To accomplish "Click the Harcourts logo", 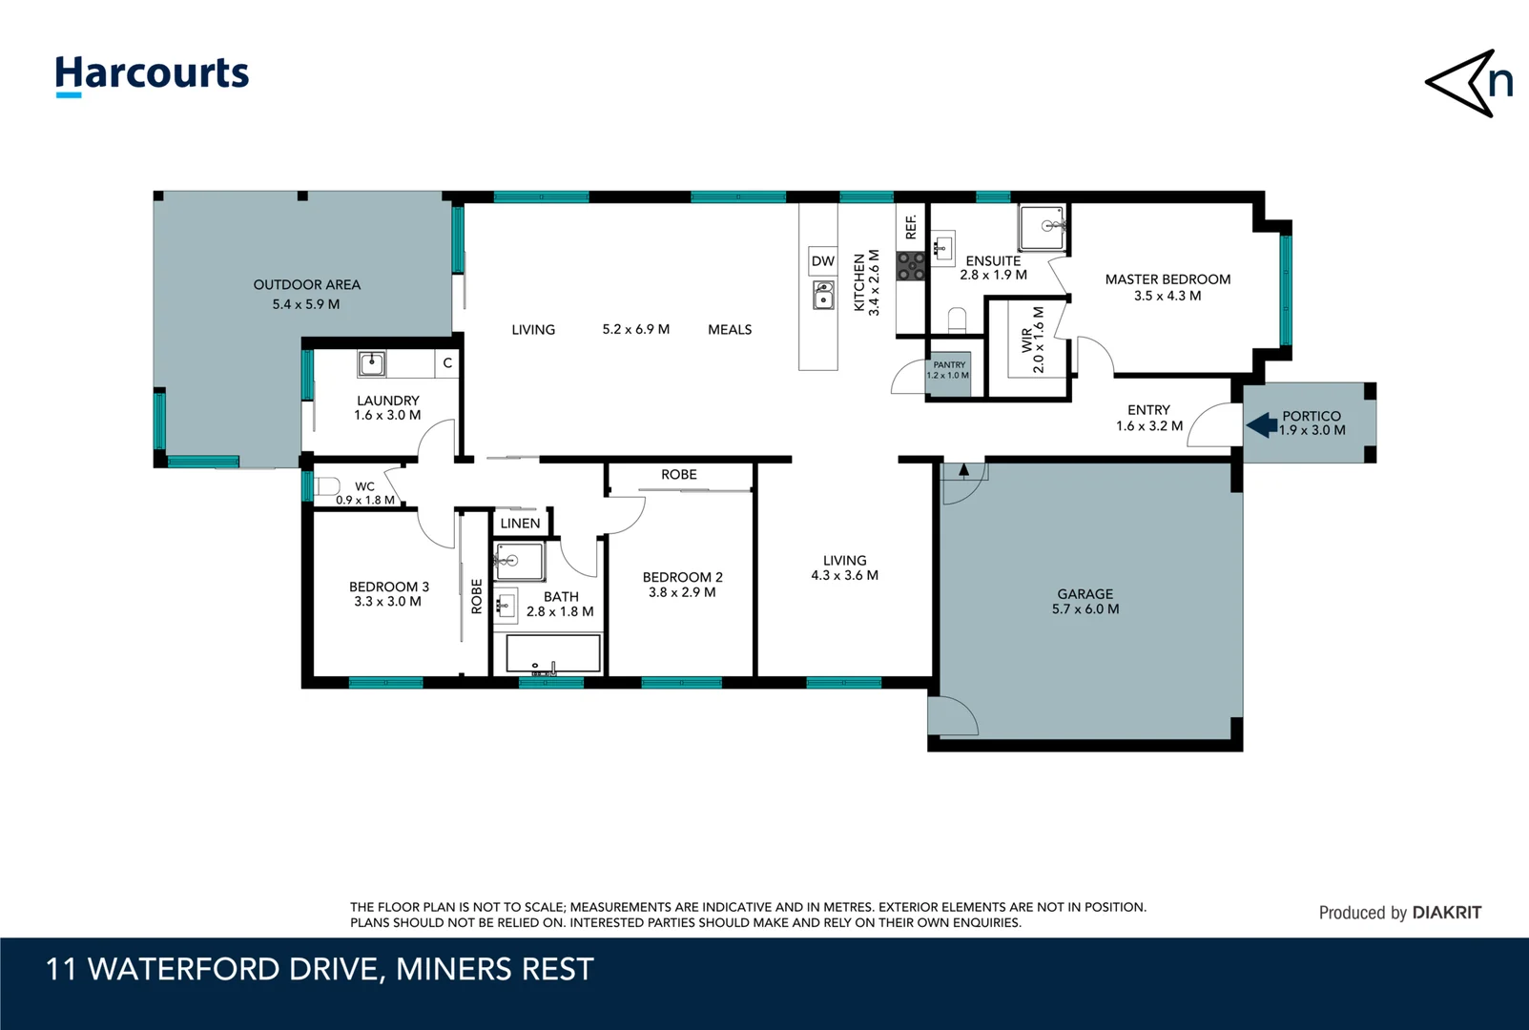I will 152,74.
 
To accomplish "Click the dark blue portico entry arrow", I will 1262,424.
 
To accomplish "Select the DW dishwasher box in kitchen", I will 822,261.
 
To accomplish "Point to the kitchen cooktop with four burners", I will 910,266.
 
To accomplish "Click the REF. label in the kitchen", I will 911,227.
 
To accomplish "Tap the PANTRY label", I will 949,365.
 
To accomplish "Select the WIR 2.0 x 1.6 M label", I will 1032,340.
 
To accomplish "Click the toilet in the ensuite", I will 957,319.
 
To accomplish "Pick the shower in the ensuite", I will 1042,229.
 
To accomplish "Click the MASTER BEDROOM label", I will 1167,279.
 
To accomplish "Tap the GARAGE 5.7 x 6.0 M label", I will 1085,601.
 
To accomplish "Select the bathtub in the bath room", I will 552,654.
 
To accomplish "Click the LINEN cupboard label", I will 520,524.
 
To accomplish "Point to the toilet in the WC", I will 327,487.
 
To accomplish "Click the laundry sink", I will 371,363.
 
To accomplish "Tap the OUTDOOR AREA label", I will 306,284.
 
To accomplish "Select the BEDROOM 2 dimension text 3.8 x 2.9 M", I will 682,592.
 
